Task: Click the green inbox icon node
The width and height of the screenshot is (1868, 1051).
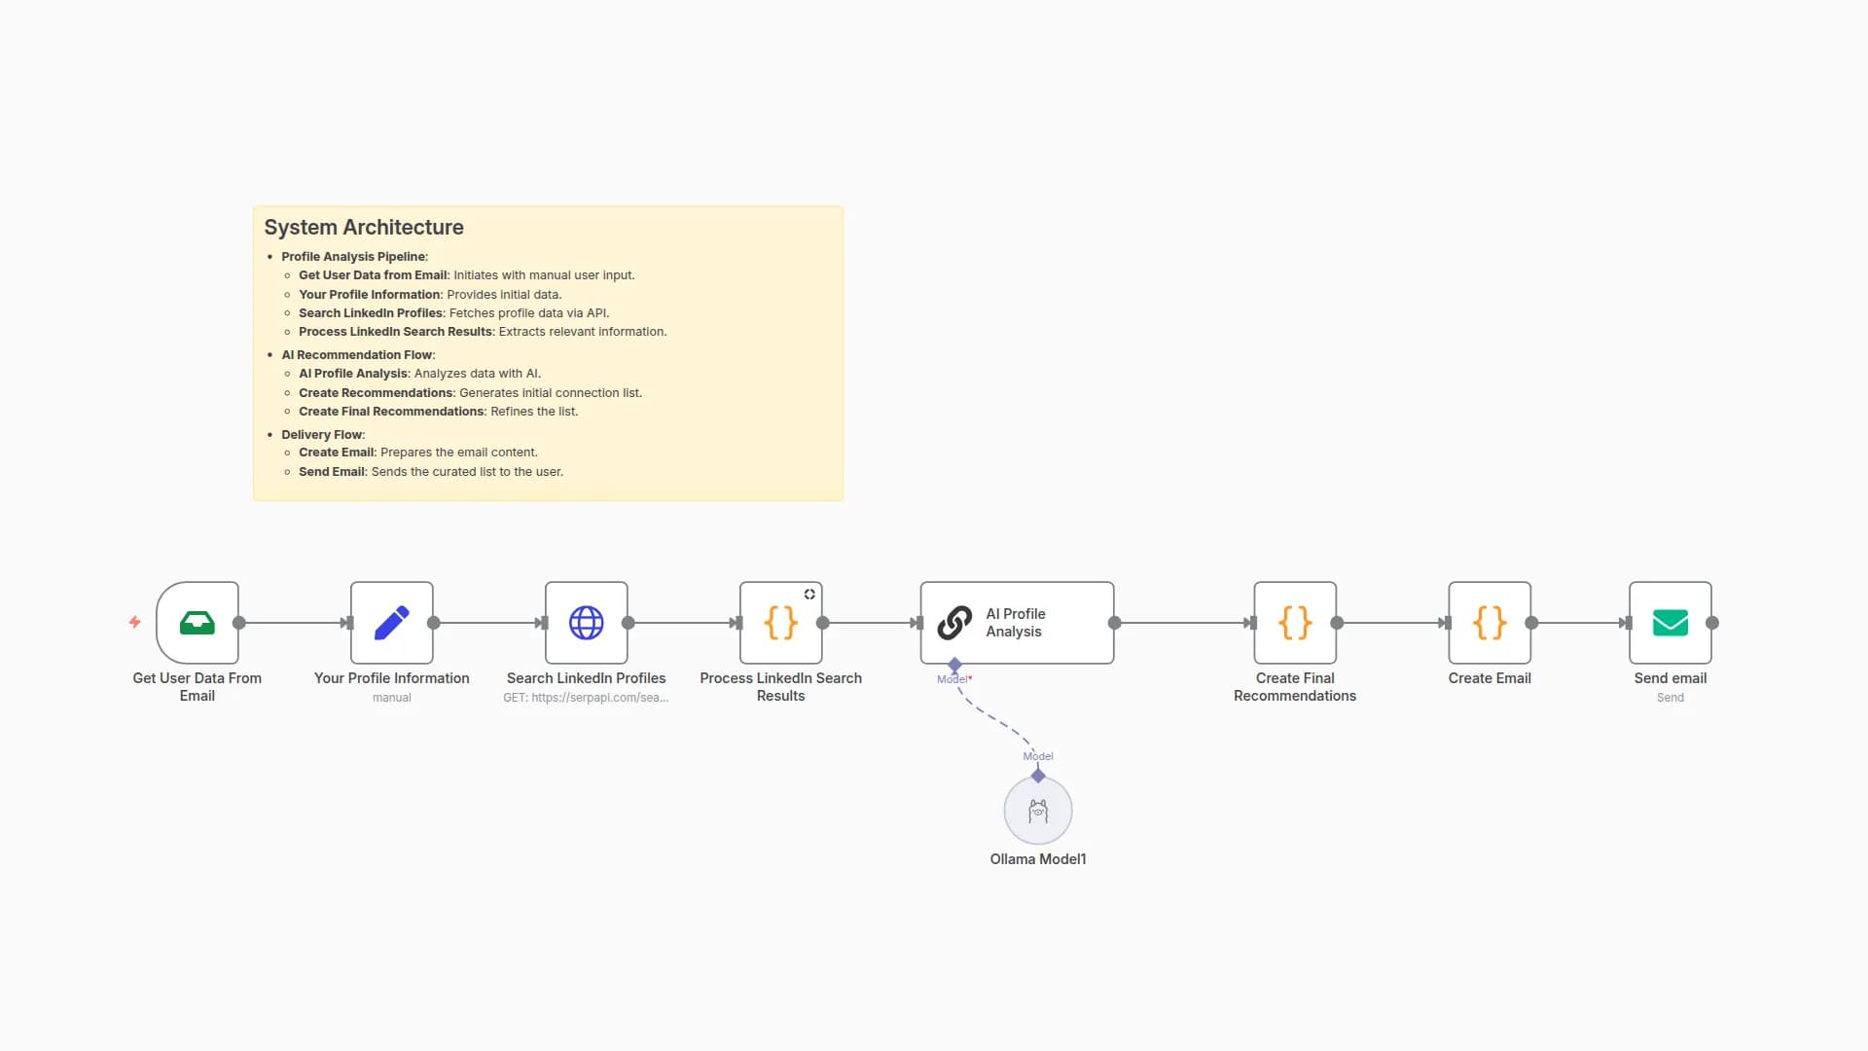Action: coord(198,623)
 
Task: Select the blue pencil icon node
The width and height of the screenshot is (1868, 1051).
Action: coord(392,623)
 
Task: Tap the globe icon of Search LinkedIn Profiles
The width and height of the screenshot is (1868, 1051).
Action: coord(587,623)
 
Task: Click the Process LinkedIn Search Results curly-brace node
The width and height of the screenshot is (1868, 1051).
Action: coord(781,623)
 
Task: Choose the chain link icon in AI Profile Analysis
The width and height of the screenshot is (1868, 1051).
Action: coord(954,623)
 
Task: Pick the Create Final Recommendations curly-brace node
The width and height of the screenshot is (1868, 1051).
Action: coord(1295,623)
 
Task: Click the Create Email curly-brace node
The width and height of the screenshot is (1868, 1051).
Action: coord(1490,623)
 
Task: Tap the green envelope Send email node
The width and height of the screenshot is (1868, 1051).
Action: coord(1670,623)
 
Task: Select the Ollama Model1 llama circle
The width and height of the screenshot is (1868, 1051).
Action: coord(1038,811)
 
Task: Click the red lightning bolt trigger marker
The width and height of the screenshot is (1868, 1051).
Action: coord(135,622)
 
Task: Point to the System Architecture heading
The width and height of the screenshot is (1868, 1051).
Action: coord(364,227)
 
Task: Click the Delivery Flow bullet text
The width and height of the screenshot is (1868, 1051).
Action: coord(322,435)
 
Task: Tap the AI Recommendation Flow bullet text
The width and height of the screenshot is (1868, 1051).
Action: coord(357,355)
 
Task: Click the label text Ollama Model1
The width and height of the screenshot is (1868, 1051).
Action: coord(1038,859)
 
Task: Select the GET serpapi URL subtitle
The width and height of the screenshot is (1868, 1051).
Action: coord(586,698)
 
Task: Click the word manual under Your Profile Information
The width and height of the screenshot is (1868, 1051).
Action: coord(392,698)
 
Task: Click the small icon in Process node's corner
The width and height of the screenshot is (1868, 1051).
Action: coord(809,595)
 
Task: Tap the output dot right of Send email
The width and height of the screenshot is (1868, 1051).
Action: coord(1712,623)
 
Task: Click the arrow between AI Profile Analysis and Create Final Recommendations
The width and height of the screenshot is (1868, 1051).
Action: coord(1182,623)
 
